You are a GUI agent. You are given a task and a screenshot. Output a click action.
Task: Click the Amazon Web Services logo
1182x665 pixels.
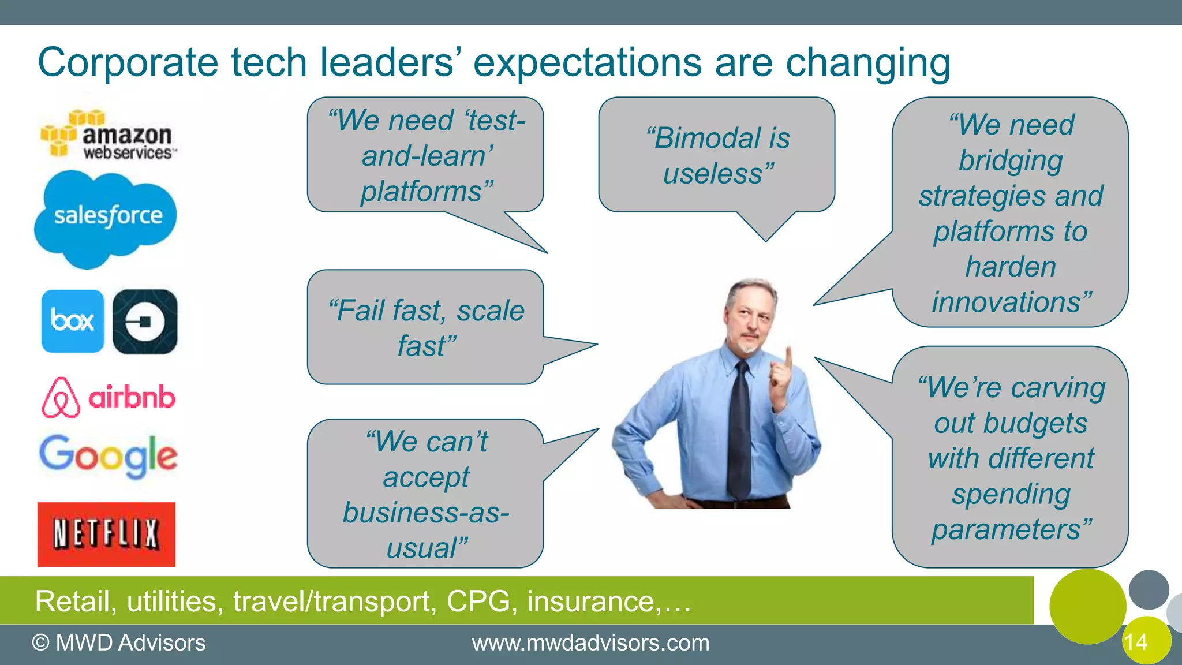[x=109, y=135]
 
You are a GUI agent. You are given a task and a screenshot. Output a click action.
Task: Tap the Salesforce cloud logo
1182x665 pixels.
[x=106, y=216]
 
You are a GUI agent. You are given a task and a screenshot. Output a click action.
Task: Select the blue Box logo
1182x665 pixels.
[x=73, y=321]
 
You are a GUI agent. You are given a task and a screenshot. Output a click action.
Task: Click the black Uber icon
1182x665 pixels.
[x=145, y=322]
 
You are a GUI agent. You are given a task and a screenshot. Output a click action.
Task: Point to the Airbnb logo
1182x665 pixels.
[x=109, y=398]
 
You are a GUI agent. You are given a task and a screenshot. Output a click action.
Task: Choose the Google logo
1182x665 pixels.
[x=109, y=456]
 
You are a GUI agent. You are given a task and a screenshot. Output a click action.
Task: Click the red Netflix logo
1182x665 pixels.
[x=107, y=534]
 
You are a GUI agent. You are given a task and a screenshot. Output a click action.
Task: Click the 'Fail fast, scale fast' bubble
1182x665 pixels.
[x=426, y=327]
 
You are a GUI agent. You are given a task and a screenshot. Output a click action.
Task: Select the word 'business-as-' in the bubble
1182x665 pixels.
[x=426, y=513]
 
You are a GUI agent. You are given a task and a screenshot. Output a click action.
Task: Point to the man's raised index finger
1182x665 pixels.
[x=788, y=355]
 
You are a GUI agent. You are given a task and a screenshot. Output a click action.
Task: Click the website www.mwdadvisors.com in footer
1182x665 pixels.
[x=590, y=643]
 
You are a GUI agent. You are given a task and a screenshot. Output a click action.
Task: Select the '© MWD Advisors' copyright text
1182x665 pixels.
[x=119, y=643]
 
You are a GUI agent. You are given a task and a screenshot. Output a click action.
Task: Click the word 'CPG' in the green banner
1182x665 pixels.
[x=478, y=602]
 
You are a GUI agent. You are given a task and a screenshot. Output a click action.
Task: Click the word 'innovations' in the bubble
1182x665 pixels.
[x=1005, y=302]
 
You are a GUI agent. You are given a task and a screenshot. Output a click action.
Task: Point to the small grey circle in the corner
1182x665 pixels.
[x=1149, y=589]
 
